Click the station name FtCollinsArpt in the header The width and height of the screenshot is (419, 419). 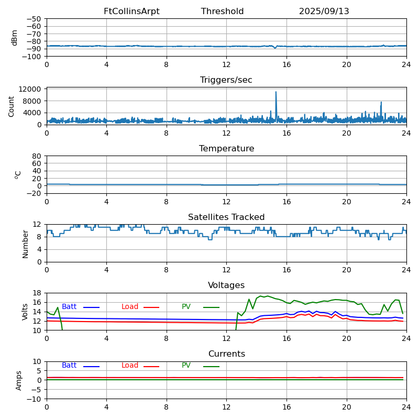(131, 12)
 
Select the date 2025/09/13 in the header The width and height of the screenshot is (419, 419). (324, 12)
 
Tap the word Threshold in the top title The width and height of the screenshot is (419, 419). (222, 12)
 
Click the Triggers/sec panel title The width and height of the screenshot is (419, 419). (226, 80)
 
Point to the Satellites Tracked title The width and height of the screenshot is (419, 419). (226, 217)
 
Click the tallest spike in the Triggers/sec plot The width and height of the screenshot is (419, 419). (276, 93)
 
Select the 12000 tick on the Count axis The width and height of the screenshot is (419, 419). (31, 90)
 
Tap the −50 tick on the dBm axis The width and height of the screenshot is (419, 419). (35, 19)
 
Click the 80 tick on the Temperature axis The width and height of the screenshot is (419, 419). (37, 156)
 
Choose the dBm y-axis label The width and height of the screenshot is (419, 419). (15, 37)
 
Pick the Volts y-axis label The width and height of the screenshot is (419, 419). (25, 312)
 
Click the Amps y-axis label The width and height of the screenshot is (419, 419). (19, 380)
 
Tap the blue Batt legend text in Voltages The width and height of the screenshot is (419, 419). (69, 307)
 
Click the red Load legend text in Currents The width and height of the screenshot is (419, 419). (130, 366)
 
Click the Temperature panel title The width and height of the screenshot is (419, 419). (226, 149)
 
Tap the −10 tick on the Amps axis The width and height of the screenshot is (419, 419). (35, 399)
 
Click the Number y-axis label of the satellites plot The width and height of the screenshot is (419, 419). (25, 244)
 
